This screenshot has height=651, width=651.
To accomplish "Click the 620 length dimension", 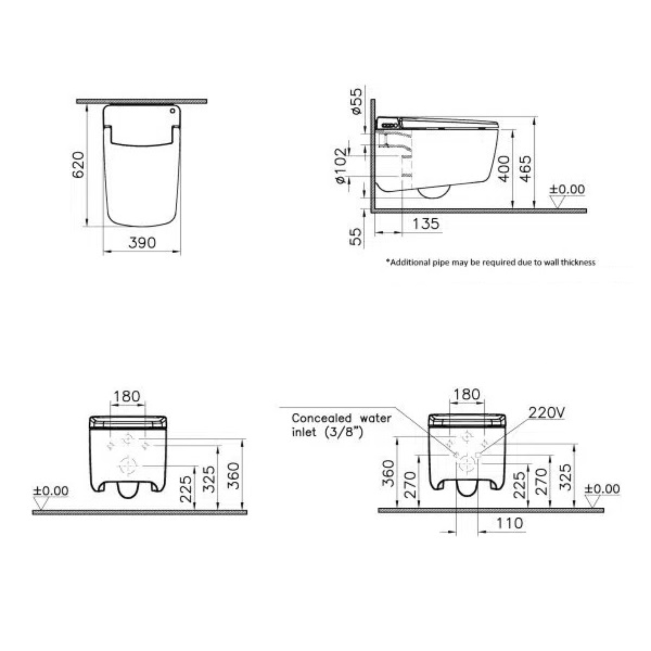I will [79, 164].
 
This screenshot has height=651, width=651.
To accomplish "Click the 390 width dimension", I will [142, 243].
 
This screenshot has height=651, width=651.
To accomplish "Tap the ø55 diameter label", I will [357, 102].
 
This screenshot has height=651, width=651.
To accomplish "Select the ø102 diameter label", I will [341, 166].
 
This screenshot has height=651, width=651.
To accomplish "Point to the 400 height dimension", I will [504, 169].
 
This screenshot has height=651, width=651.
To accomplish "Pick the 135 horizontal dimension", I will [426, 224].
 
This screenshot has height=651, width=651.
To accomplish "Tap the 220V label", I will [546, 413].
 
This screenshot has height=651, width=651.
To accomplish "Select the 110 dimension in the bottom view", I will [509, 523].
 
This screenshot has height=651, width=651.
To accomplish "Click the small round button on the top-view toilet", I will [173, 111].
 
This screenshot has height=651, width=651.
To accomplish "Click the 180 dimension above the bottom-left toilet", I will [127, 396].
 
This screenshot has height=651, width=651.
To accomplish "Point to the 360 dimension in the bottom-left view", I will [234, 476].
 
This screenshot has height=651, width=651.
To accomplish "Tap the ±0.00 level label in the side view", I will [567, 189].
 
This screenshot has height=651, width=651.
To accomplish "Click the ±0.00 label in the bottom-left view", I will [50, 491].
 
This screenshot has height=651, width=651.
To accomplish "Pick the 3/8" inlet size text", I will [344, 432].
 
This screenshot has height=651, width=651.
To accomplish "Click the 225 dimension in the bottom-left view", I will [186, 489].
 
